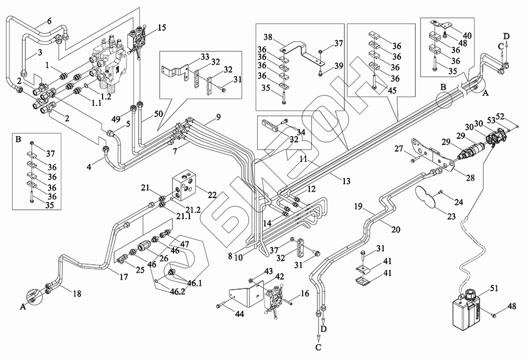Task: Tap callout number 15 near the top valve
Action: [162, 28]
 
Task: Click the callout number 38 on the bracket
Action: [269, 39]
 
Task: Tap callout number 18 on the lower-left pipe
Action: [77, 294]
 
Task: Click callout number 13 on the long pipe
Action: [346, 181]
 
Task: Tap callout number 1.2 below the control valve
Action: [106, 96]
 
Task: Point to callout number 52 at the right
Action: [517, 116]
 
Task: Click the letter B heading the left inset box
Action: [20, 140]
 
